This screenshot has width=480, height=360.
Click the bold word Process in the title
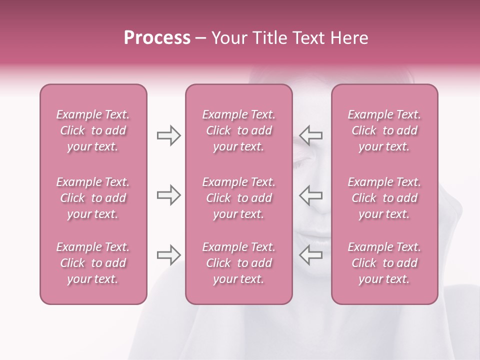157,38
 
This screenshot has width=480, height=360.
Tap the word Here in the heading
349,38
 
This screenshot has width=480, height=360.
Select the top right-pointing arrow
168,135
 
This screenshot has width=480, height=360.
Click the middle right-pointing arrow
168,195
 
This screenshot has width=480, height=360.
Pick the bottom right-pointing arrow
168,255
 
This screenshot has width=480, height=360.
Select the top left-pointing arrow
311,135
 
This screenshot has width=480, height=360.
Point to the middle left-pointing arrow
311,195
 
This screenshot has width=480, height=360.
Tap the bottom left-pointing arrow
311,255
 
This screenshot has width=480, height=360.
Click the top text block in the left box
93,130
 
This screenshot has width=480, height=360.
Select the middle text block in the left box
93,198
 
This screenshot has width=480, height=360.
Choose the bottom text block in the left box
93,263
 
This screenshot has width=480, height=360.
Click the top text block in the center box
238,130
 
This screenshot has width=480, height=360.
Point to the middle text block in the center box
238,198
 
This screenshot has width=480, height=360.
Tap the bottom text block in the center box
238,263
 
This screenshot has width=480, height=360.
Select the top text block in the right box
384,130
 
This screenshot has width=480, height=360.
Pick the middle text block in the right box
384,198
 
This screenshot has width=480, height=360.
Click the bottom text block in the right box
384,263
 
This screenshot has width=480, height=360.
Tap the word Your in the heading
229,38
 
